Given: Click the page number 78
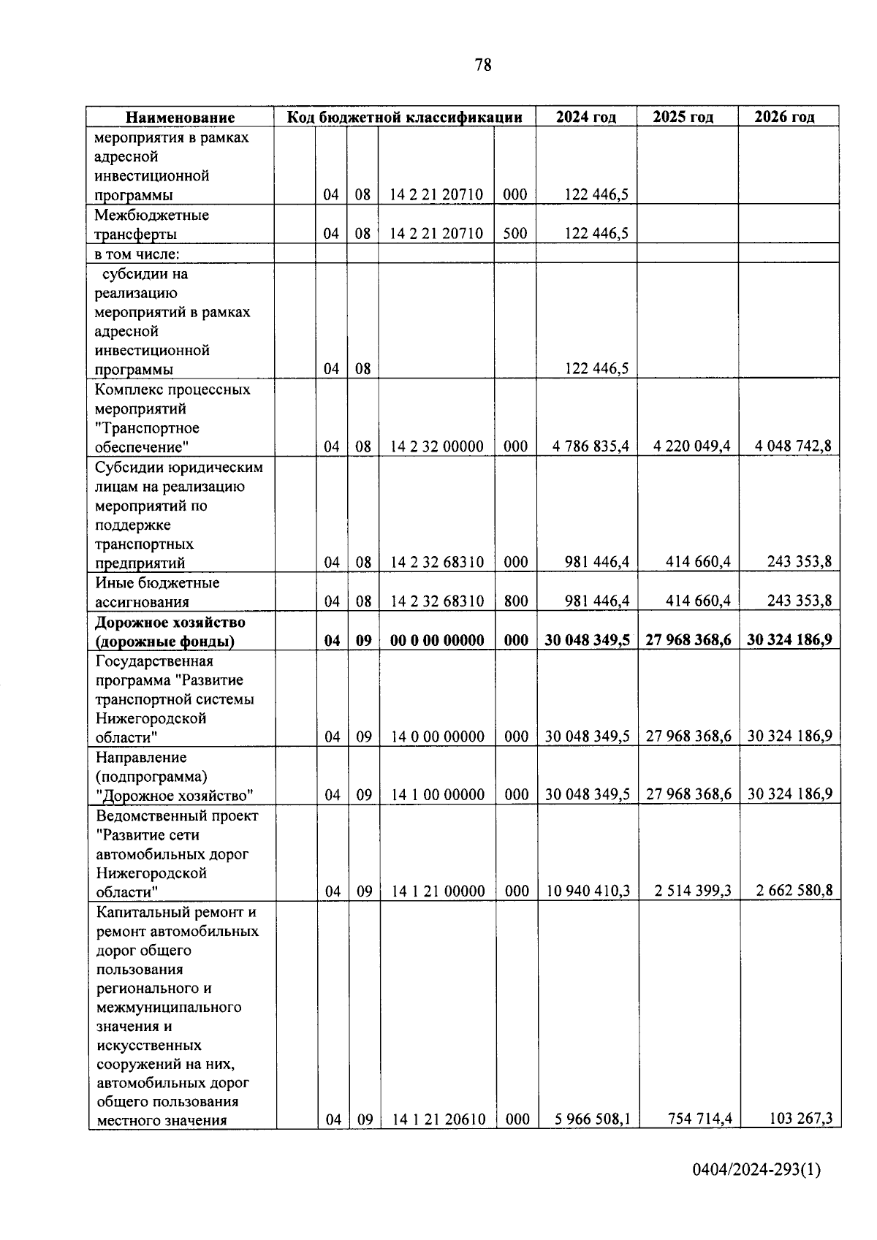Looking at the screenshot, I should click(x=483, y=65).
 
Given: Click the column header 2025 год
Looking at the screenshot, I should click(x=683, y=117).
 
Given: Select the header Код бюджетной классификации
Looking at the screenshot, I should click(x=404, y=117).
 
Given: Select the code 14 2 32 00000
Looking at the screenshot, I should click(x=437, y=446).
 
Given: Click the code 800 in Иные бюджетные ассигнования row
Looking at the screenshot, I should click(x=516, y=601).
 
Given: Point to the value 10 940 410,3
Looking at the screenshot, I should click(x=588, y=891).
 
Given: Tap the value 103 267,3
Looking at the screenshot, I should click(x=801, y=1118).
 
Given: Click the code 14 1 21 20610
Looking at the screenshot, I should click(x=438, y=1119).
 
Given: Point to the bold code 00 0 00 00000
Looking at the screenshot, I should click(x=437, y=641).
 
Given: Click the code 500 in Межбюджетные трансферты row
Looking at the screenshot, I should click(x=515, y=234).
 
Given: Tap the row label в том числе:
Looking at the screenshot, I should click(x=137, y=254).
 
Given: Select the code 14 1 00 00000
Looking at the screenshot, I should click(x=438, y=795).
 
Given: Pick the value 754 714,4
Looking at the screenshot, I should click(x=700, y=1118).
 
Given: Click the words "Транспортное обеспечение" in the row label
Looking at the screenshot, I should click(x=147, y=437).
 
